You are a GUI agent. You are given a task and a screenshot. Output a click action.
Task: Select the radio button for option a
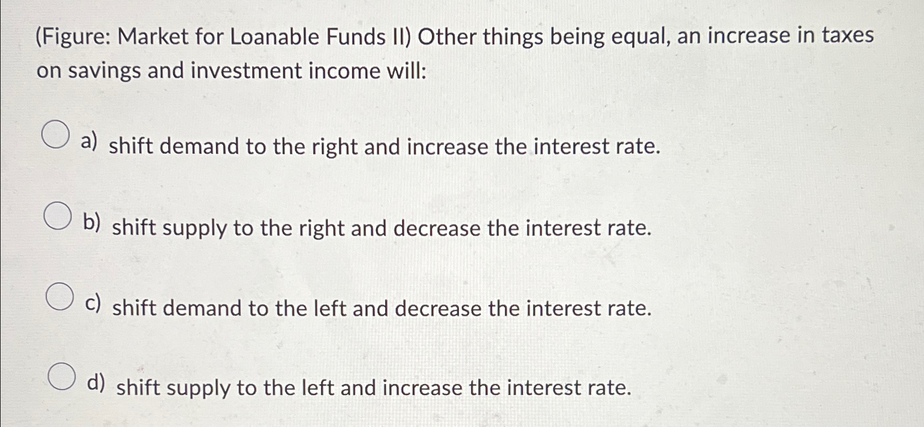pyautogui.click(x=55, y=135)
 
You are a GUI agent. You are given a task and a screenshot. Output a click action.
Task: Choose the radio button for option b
pyautogui.click(x=58, y=216)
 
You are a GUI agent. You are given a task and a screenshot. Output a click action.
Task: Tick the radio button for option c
pyautogui.click(x=59, y=296)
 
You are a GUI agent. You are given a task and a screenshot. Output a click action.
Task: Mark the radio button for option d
pyautogui.click(x=61, y=376)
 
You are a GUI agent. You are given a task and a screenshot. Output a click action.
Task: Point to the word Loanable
pyautogui.click(x=275, y=37)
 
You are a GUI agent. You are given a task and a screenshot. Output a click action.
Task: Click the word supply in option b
pyautogui.click(x=194, y=228)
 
